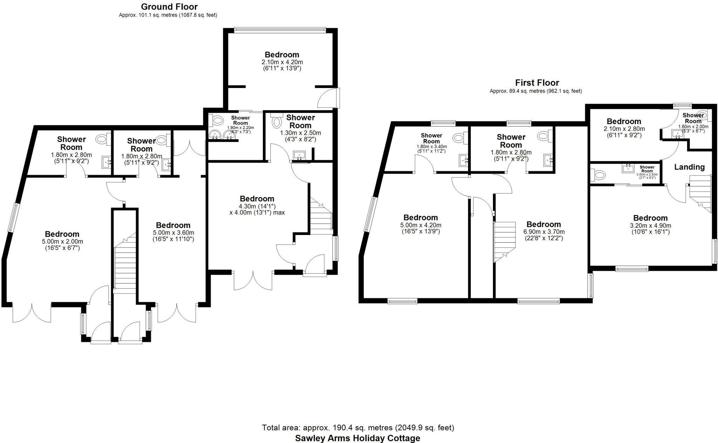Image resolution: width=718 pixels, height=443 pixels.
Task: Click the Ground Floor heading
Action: coord(169,7)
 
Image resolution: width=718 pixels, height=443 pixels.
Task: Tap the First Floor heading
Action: coord(537,83)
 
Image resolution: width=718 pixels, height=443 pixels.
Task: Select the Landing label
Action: coord(689,167)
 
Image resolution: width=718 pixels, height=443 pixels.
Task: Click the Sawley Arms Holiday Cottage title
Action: coord(357,438)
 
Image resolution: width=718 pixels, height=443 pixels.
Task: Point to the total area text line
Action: coord(358,428)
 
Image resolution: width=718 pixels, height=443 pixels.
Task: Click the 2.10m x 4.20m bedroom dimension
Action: coord(282,62)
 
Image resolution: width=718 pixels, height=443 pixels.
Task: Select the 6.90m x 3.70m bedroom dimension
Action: coord(543,232)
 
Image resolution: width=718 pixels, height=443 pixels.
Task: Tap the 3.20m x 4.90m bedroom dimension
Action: coord(650,226)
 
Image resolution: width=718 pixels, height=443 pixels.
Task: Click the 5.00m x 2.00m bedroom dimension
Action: coord(62,242)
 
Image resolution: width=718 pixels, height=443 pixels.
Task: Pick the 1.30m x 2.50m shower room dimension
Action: coord(300,133)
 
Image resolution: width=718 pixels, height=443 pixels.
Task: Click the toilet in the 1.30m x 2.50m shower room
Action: coord(277,122)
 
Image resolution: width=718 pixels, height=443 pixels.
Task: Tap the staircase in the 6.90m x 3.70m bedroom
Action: coord(504,241)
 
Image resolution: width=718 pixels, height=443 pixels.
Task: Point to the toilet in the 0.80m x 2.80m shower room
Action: coord(598,174)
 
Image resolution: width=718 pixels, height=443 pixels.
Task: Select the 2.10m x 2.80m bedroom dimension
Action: coord(624,129)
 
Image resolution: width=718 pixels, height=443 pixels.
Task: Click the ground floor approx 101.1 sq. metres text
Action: coord(168,15)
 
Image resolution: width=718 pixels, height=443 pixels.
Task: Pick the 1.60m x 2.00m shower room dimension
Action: coord(693,127)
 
